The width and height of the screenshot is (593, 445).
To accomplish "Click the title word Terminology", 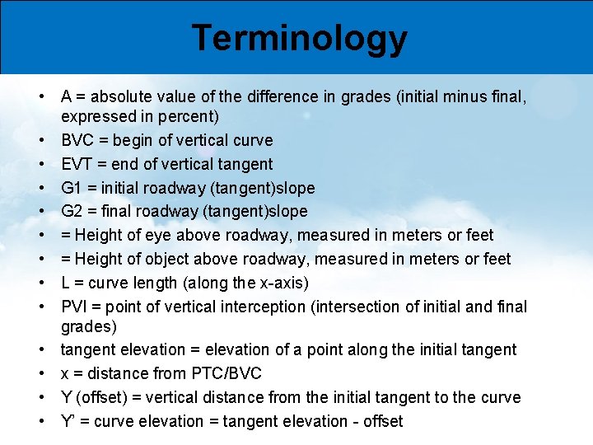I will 299,38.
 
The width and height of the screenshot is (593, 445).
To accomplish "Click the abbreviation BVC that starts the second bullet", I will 80,140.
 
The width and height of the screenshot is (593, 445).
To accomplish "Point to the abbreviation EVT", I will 79,164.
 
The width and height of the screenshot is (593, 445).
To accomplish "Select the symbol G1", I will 72,188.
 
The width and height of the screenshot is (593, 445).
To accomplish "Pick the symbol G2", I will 72,212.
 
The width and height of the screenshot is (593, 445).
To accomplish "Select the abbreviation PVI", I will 77,307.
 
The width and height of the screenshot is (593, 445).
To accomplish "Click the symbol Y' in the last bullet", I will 69,421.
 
